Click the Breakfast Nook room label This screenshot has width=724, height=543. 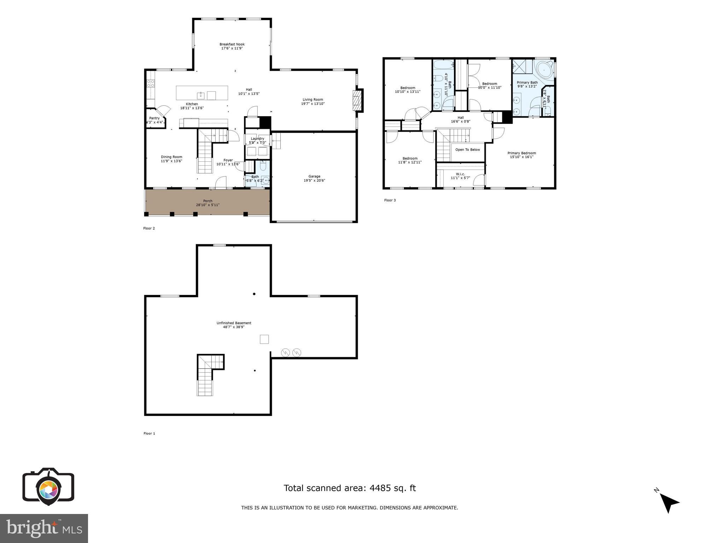click(x=232, y=44)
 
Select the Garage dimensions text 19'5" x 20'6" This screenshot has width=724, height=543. click(x=314, y=181)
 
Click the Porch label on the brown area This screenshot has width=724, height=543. click(x=208, y=201)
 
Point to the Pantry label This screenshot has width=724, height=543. click(x=154, y=118)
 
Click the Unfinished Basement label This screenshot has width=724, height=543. click(x=234, y=323)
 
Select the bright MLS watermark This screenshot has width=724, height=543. click(x=44, y=528)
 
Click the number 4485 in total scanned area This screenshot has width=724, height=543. click(x=380, y=488)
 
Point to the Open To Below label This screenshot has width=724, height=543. click(x=467, y=150)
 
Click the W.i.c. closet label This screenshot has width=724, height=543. click(x=460, y=174)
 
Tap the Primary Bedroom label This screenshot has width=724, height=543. click(x=521, y=153)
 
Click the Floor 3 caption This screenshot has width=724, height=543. click(x=390, y=200)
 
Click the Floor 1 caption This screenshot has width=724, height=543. click(x=149, y=433)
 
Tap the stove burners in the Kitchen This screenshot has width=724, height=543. click(x=151, y=84)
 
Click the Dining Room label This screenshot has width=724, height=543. click(x=171, y=157)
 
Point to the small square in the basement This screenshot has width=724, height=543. click(x=264, y=339)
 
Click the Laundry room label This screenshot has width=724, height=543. click(x=257, y=139)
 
